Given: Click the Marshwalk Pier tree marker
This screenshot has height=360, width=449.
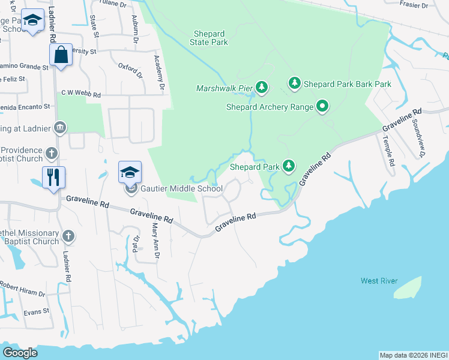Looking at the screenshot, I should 261,88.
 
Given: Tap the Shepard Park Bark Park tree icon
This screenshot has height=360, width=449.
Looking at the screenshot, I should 294,83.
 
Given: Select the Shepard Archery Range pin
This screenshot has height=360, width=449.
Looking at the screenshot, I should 322,107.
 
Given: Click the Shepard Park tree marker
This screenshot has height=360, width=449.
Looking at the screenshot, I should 289,166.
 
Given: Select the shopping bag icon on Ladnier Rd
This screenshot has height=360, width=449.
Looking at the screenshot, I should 61,56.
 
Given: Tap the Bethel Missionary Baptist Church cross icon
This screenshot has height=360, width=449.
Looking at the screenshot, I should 68,236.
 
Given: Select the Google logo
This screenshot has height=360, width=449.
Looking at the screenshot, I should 20,353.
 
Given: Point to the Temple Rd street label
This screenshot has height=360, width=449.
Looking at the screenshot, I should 389,151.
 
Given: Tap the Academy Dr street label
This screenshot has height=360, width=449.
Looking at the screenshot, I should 159,73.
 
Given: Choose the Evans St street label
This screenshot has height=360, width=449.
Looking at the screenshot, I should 36,311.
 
